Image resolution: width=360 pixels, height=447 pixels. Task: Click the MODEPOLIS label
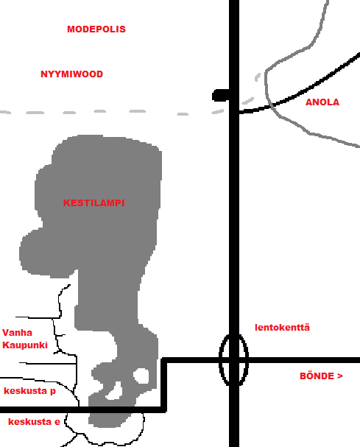coord(96,29)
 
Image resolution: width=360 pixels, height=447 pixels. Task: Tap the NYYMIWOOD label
coord(71,74)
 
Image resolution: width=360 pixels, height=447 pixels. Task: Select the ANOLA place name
coord(322,102)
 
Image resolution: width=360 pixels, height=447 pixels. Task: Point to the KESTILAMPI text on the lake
coord(93,203)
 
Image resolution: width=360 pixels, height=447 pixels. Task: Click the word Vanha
coord(17,333)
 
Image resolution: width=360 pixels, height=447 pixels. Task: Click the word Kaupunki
coord(25,345)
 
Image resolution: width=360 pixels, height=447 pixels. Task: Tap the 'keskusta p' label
coord(29,391)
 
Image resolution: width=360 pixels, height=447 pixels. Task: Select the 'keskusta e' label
coord(34,422)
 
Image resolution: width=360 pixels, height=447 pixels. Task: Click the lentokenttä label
coord(282,327)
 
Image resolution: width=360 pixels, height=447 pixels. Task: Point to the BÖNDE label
coord(317,376)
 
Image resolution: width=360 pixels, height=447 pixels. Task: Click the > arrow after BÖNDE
coord(340,376)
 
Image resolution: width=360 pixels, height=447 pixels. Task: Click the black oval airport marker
coord(220,360)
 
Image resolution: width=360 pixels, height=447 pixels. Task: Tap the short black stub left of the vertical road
coord(221,95)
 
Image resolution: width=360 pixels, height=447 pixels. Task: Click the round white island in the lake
coord(141,376)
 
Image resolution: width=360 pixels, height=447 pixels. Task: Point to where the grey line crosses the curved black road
coord(270,105)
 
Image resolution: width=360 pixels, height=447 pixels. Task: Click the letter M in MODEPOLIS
coord(71,29)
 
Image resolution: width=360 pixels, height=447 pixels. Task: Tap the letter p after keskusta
coord(53,392)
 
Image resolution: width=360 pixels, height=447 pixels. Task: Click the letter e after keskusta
coord(57,422)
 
